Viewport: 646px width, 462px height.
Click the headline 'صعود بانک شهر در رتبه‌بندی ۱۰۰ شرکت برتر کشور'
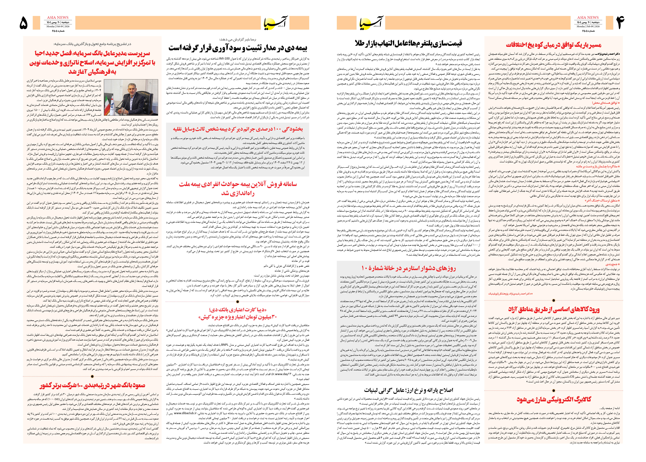(x=92, y=386)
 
